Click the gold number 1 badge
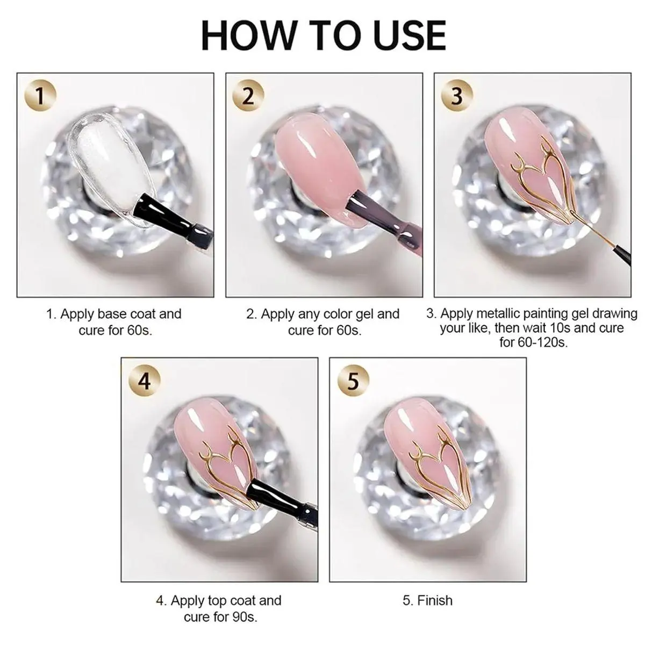coord(40,96)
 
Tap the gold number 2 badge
coord(248,96)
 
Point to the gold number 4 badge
coord(145,381)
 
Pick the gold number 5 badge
coord(353,381)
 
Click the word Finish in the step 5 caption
coord(435,600)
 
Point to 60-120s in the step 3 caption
coord(542,342)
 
